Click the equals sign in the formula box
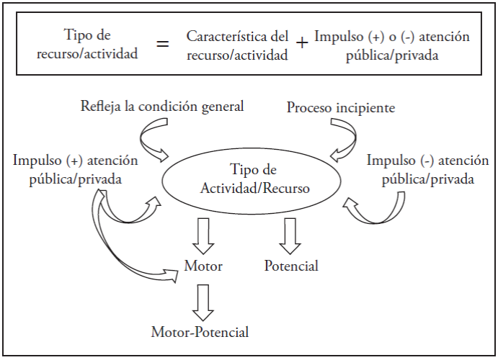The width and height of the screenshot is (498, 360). pyautogui.click(x=163, y=43)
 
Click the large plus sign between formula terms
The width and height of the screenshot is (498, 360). pyautogui.click(x=302, y=42)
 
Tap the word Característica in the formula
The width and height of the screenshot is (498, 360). pyautogui.click(x=226, y=37)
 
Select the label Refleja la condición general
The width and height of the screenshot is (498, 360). pyautogui.click(x=162, y=107)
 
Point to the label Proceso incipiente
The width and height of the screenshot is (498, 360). pyautogui.click(x=341, y=108)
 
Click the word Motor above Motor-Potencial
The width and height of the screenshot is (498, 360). pyautogui.click(x=203, y=266)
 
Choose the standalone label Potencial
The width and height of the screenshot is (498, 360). pyautogui.click(x=291, y=266)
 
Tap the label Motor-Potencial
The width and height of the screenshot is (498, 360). pyautogui.click(x=200, y=332)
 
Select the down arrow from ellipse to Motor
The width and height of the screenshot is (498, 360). pyautogui.click(x=203, y=235)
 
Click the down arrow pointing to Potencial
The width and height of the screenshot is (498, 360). pyautogui.click(x=290, y=235)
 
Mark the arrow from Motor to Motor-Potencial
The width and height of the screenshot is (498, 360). pyautogui.click(x=203, y=302)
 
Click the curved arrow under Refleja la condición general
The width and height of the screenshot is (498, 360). pyautogui.click(x=142, y=140)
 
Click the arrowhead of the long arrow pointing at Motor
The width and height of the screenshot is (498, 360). pyautogui.click(x=172, y=275)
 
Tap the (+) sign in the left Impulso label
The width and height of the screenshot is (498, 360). pyautogui.click(x=75, y=161)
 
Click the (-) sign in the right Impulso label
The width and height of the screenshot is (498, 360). pyautogui.click(x=427, y=161)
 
